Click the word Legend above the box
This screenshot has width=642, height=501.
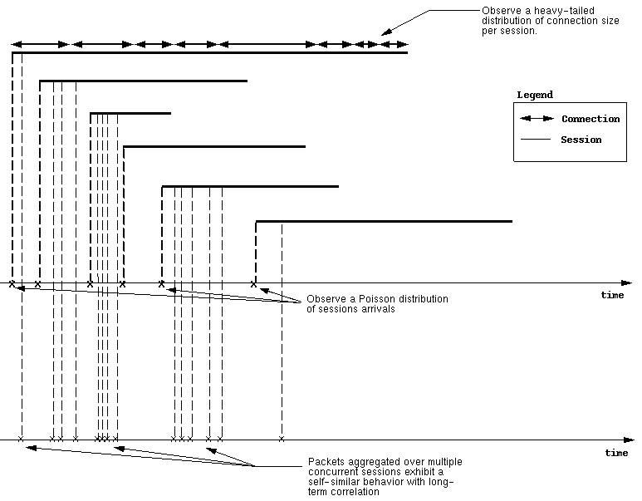[535, 95]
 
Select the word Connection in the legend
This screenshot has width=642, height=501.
[591, 119]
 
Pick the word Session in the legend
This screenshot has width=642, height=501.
[581, 140]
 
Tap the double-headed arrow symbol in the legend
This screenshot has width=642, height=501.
[537, 118]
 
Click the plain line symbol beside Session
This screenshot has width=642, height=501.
[536, 140]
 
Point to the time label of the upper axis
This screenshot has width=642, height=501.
[612, 295]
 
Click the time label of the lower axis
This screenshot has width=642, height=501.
[616, 453]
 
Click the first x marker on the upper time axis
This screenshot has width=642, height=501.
[12, 284]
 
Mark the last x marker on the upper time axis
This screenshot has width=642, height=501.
[254, 284]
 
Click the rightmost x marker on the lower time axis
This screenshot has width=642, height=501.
[282, 439]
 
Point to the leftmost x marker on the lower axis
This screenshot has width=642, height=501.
[21, 439]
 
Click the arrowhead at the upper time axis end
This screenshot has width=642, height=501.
[626, 283]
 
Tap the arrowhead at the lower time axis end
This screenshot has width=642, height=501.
[629, 440]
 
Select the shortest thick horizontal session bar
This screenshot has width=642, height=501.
[130, 113]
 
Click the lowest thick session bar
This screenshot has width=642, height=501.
[384, 221]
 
